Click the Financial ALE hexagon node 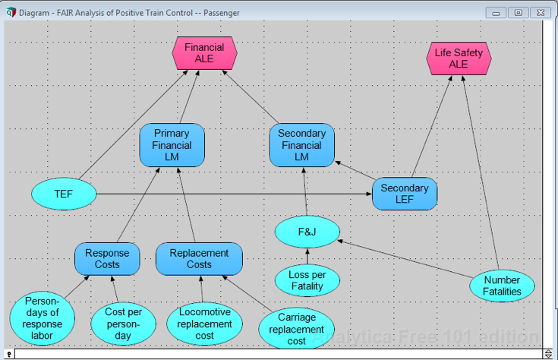coord(204,53)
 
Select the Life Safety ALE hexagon coord(459,58)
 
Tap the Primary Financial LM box coord(172,145)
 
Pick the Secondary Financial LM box coord(301,145)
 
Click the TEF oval coord(64,194)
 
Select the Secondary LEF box coord(405,194)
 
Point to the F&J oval coord(307,232)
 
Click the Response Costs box coord(107,259)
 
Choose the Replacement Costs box coord(199,259)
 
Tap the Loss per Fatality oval coord(307,280)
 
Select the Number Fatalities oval coord(502,286)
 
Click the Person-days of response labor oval coord(43,318)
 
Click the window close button coord(540,13)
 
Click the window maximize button coord(519,13)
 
